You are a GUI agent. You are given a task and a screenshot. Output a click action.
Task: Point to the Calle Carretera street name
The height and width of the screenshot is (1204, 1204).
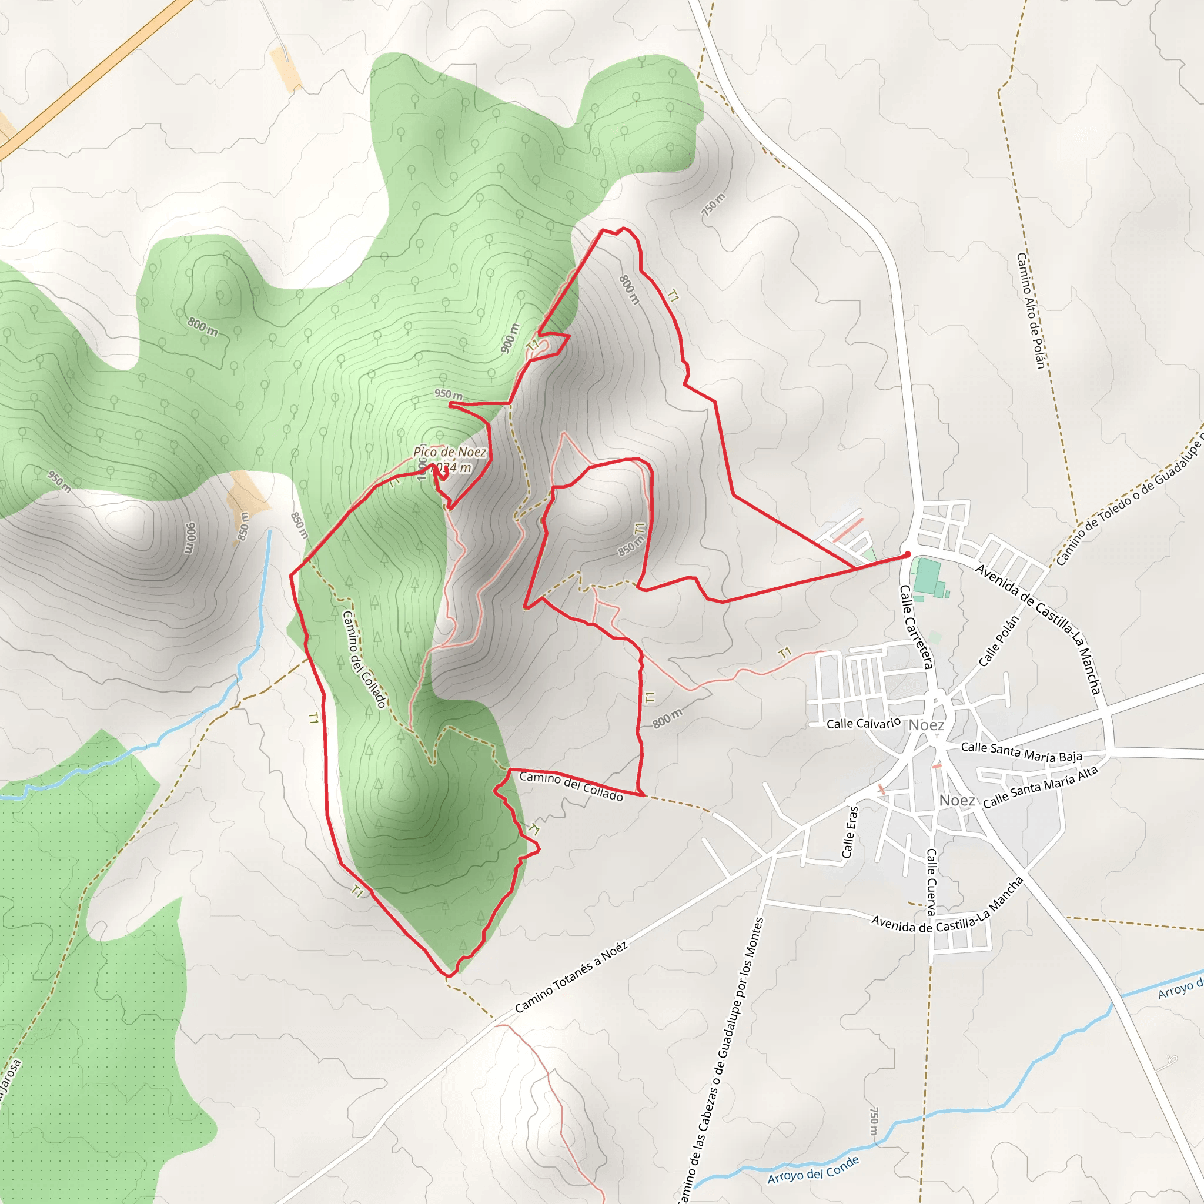tap(915, 627)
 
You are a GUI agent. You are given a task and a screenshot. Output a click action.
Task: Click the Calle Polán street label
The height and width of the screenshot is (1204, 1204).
tap(998, 641)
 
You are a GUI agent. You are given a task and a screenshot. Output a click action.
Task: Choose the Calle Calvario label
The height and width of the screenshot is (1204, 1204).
tap(863, 724)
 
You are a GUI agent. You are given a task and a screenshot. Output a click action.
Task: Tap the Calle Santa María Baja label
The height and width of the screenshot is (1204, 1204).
tap(1021, 751)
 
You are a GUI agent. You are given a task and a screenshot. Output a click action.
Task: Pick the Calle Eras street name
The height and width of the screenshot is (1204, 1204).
tap(850, 832)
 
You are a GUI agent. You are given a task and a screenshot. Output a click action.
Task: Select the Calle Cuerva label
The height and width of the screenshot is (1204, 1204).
tap(931, 881)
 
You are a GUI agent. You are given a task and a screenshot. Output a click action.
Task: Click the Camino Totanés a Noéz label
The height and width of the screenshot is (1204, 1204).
tap(571, 977)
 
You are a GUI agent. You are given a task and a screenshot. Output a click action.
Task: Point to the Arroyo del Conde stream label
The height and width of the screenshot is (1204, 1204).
tap(812, 1170)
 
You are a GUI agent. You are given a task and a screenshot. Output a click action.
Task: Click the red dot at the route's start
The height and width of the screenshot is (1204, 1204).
tap(907, 554)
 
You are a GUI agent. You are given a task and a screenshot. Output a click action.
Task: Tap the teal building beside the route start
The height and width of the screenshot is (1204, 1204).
tap(928, 577)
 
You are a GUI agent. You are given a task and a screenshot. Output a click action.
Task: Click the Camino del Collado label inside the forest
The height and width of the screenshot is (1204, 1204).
tap(364, 660)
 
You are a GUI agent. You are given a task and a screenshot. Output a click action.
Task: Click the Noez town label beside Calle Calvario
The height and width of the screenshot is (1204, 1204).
tap(926, 725)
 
